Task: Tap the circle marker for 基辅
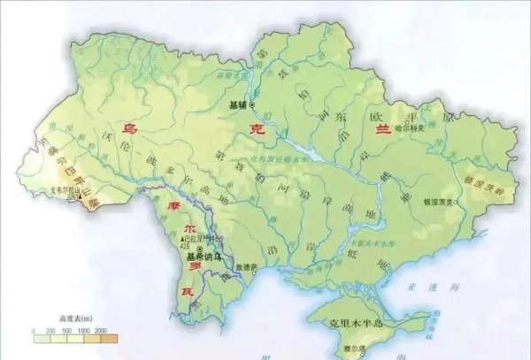tap(252, 104)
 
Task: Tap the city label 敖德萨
tap(247, 265)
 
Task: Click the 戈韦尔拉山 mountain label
tap(90, 189)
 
